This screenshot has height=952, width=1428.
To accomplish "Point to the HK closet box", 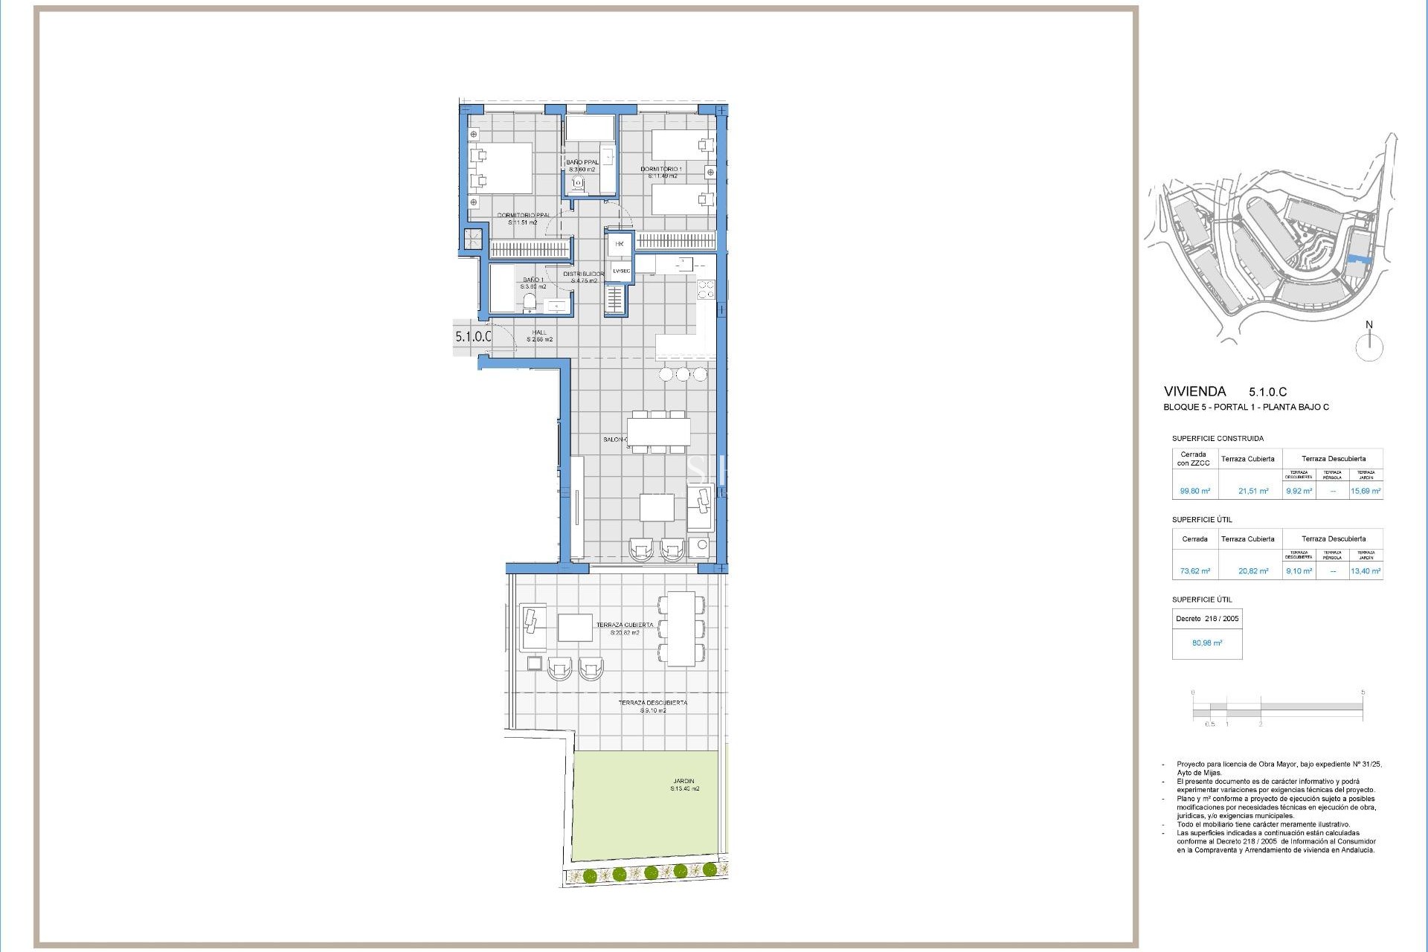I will point(619,244).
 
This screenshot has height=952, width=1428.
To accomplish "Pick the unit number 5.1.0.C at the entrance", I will point(473,337).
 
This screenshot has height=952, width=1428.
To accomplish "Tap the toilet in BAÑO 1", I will point(530,302).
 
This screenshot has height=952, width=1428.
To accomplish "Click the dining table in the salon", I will point(658,431).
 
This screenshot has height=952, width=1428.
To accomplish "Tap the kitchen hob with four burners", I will point(706,289).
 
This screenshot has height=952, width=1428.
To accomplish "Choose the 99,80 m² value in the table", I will point(1194,492).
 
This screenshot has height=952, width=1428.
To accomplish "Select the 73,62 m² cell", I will point(1194,572).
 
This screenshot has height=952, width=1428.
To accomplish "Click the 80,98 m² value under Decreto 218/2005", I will point(1206,643).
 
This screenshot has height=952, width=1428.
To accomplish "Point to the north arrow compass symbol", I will point(1368,347).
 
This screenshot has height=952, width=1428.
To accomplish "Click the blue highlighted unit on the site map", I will point(1359,260).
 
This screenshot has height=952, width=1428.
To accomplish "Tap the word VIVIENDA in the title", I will point(1194,391).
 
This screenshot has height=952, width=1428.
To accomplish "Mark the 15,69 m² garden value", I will point(1366,492).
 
